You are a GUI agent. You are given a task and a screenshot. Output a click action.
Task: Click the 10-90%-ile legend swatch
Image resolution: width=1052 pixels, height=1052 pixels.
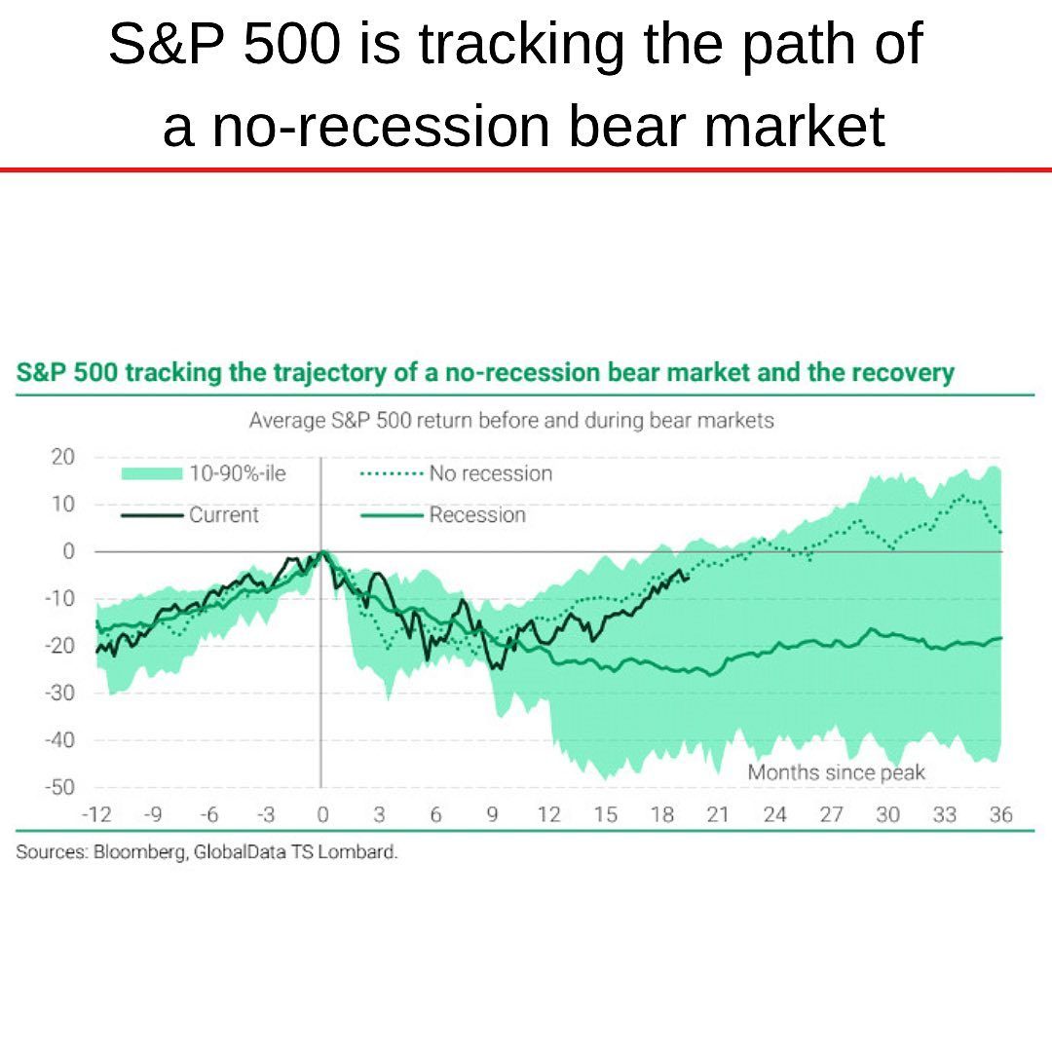[x=152, y=473]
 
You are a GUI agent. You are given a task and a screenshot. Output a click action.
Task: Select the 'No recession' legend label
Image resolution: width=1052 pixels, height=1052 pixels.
[x=490, y=473]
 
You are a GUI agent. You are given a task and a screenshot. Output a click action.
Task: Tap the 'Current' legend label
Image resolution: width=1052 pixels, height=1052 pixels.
[x=224, y=515]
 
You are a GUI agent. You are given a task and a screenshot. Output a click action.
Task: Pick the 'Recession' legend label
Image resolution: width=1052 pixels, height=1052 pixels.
[x=476, y=515]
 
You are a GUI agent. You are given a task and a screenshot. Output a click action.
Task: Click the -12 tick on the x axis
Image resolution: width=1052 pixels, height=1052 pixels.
[x=95, y=815]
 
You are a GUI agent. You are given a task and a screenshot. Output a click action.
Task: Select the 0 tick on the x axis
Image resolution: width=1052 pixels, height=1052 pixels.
[x=321, y=815]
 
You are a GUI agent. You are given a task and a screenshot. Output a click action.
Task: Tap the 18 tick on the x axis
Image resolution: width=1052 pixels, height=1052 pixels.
[x=661, y=815]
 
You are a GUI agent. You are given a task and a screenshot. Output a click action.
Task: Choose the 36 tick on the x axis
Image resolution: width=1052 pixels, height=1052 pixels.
[x=1000, y=815]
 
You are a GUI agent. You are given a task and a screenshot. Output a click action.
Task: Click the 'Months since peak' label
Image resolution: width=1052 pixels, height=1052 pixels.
[x=836, y=772]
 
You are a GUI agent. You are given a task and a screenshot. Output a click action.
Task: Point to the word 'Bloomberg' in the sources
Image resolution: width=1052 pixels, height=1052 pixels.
[x=138, y=852]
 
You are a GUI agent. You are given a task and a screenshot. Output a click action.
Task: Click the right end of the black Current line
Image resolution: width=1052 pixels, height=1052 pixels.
[x=689, y=578]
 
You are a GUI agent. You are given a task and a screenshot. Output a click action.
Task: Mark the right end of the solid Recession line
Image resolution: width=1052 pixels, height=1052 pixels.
[x=1001, y=639]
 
